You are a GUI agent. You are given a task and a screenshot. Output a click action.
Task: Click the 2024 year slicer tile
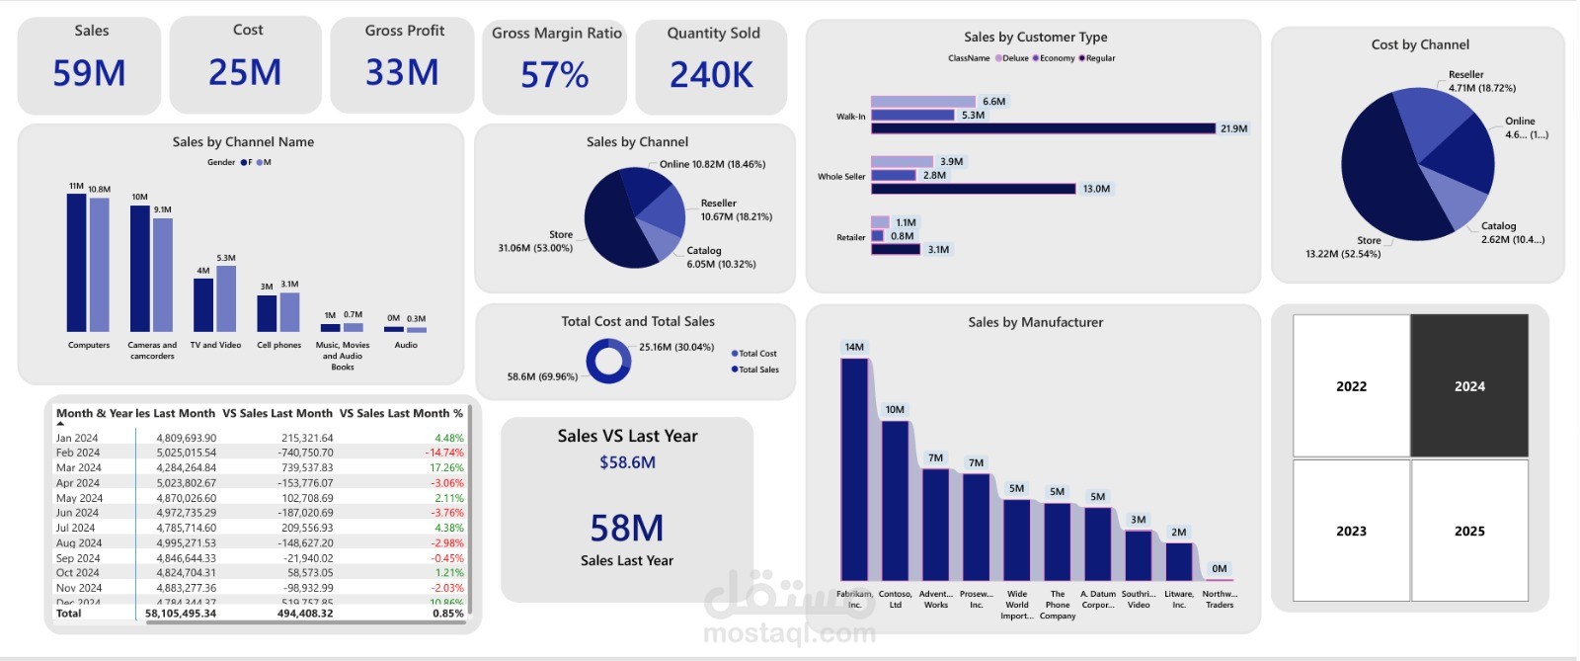click(x=1468, y=386)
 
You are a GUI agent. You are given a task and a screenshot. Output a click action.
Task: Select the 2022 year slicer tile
click(x=1351, y=386)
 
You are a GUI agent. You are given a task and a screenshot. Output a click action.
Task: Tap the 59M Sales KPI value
click(x=89, y=73)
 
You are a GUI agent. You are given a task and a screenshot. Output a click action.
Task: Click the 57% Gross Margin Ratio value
click(x=554, y=75)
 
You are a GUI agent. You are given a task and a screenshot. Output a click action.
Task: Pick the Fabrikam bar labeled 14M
click(x=854, y=469)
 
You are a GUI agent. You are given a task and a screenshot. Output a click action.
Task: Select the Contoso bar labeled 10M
click(x=895, y=500)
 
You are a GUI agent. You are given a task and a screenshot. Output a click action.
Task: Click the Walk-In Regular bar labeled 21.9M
click(x=1043, y=128)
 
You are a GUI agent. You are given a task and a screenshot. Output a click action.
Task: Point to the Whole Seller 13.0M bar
click(x=973, y=189)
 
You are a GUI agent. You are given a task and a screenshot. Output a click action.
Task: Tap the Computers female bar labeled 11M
click(x=76, y=262)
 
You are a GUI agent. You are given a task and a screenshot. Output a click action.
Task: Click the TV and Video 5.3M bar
click(x=226, y=298)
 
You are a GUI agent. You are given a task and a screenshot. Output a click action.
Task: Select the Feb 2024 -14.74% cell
click(x=443, y=453)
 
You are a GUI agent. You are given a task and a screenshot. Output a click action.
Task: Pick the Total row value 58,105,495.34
click(x=181, y=614)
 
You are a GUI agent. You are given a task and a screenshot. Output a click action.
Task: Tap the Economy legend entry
click(x=1057, y=58)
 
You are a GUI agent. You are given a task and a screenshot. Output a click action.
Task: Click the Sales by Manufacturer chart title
click(x=1035, y=322)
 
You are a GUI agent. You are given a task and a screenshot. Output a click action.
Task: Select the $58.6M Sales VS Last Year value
click(x=627, y=462)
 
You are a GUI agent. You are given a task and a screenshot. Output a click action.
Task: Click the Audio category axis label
click(x=406, y=345)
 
